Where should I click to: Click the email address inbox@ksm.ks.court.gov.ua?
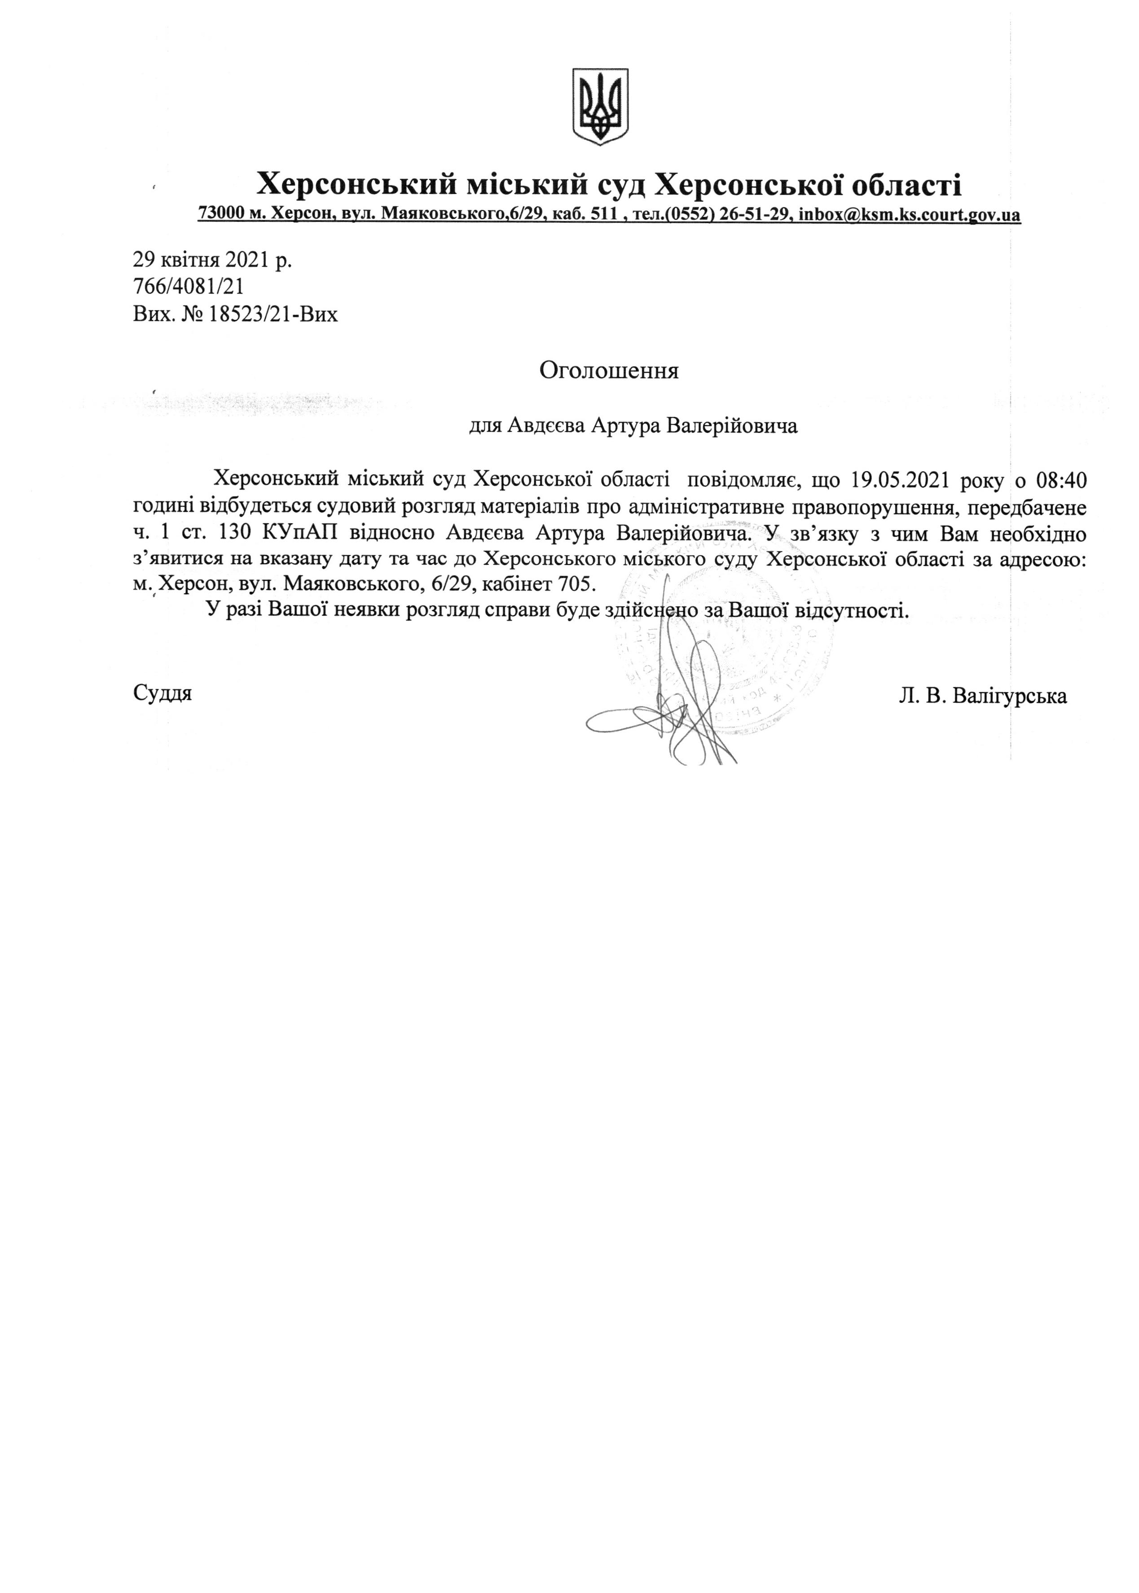[910, 215]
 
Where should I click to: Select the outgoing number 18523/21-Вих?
[273, 313]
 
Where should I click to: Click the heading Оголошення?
[609, 371]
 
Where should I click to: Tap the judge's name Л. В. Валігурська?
[983, 696]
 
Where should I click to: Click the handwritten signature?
[666, 708]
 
